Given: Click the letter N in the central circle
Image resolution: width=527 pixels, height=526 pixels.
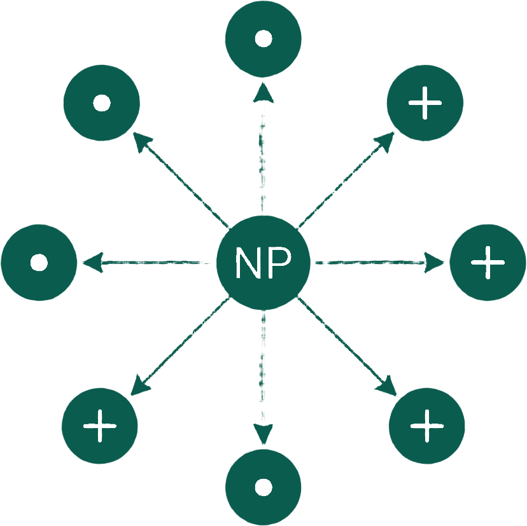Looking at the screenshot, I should coord(247,262).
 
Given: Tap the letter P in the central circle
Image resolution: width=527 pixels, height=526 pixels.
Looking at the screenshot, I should coord(279,262).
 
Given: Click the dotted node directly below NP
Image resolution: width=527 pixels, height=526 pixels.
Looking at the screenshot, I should coord(263,488).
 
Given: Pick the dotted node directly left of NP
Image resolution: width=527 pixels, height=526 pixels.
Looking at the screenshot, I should coord(39,262).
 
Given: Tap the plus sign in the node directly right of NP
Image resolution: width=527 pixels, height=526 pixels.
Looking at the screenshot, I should coord(488,262).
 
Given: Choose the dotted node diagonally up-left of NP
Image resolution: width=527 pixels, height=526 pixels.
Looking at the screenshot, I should coord(101,103).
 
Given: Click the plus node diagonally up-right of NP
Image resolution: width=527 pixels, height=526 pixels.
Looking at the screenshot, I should coord(425,103).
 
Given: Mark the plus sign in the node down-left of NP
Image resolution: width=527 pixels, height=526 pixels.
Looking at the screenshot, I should coord(99,425).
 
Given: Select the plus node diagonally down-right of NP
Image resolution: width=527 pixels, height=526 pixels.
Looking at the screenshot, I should coord(426,425).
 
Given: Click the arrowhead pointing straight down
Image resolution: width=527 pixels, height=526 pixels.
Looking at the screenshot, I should coord(263,434).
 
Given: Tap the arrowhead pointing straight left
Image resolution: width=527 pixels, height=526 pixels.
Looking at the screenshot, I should coord(91,262).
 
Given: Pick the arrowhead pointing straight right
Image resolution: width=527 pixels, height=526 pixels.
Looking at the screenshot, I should coord(435,262).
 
